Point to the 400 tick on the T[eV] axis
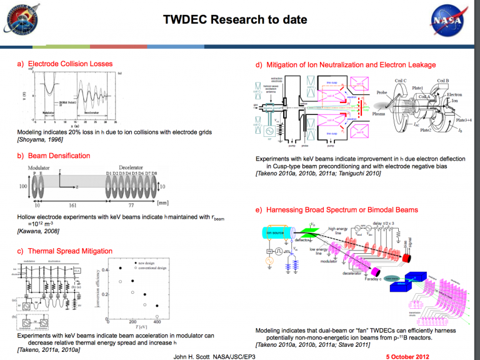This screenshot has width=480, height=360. [156, 322]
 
